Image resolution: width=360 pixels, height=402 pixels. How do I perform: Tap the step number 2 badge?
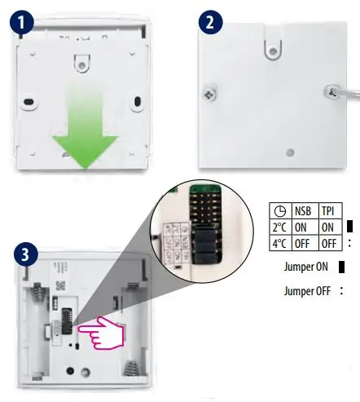211,23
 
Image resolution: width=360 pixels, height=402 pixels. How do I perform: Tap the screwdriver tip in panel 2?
332,94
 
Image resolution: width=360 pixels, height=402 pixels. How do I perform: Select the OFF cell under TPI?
327,241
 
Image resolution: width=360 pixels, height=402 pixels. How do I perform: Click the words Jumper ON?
306,267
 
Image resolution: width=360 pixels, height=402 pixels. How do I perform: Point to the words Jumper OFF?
307,290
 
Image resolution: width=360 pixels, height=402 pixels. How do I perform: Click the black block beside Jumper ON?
341,267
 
